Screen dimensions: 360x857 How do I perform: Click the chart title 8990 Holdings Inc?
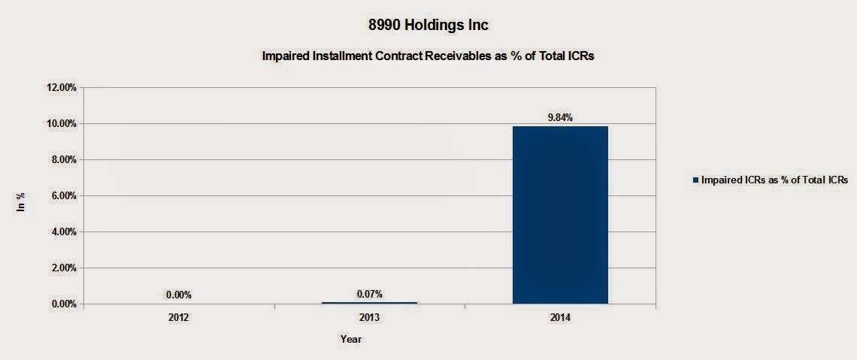pos(428,25)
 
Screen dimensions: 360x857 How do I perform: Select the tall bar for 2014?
pos(560,215)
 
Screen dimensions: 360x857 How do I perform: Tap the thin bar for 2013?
pos(369,303)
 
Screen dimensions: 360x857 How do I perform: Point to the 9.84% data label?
pos(560,117)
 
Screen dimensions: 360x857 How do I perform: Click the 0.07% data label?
pos(369,295)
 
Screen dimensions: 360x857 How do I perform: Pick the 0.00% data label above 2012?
pos(179,295)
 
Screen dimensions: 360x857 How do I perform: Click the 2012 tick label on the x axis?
pos(179,318)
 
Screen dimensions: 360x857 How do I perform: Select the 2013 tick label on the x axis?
pos(369,318)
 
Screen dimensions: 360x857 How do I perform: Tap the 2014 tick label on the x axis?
pos(560,318)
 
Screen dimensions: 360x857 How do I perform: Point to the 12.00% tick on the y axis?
pos(62,87)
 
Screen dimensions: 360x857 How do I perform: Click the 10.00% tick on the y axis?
pos(62,123)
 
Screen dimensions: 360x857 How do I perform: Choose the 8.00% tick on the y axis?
pos(64,159)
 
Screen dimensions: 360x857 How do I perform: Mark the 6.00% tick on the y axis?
pos(64,195)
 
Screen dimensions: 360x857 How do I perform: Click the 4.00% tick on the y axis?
pos(64,231)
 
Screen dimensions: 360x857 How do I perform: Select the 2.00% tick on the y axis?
pos(64,268)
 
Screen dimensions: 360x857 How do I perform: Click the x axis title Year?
pos(351,340)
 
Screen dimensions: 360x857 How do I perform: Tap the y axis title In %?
pos(23,201)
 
